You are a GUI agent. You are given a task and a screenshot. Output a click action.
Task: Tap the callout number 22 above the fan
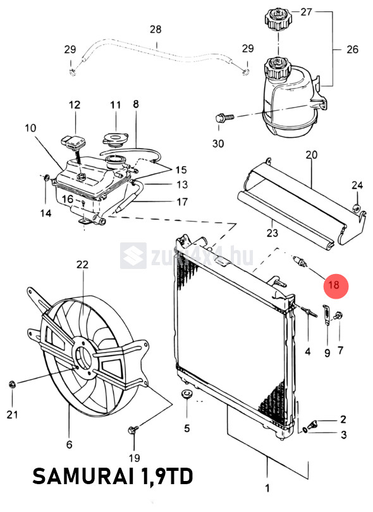(x=82, y=264)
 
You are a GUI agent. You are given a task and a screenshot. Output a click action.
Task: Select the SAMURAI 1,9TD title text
(x=113, y=477)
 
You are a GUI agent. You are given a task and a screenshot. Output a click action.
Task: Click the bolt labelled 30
(x=224, y=117)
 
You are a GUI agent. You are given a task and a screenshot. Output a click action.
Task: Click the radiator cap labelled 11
(x=115, y=140)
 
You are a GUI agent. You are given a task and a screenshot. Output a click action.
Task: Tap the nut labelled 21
(x=13, y=384)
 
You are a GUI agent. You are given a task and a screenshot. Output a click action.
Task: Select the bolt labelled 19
(x=133, y=430)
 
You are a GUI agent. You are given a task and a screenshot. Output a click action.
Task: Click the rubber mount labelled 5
(x=186, y=394)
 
